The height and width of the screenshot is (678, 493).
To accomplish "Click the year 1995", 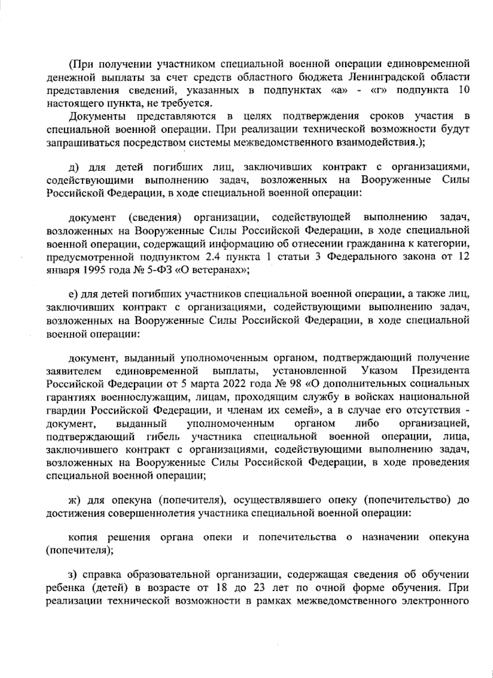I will (x=95, y=271).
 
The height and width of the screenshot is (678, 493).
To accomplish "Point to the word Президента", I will (x=440, y=370).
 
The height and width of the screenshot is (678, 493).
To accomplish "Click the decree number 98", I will (x=294, y=384).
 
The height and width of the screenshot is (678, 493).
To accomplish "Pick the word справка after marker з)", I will (x=103, y=575).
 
